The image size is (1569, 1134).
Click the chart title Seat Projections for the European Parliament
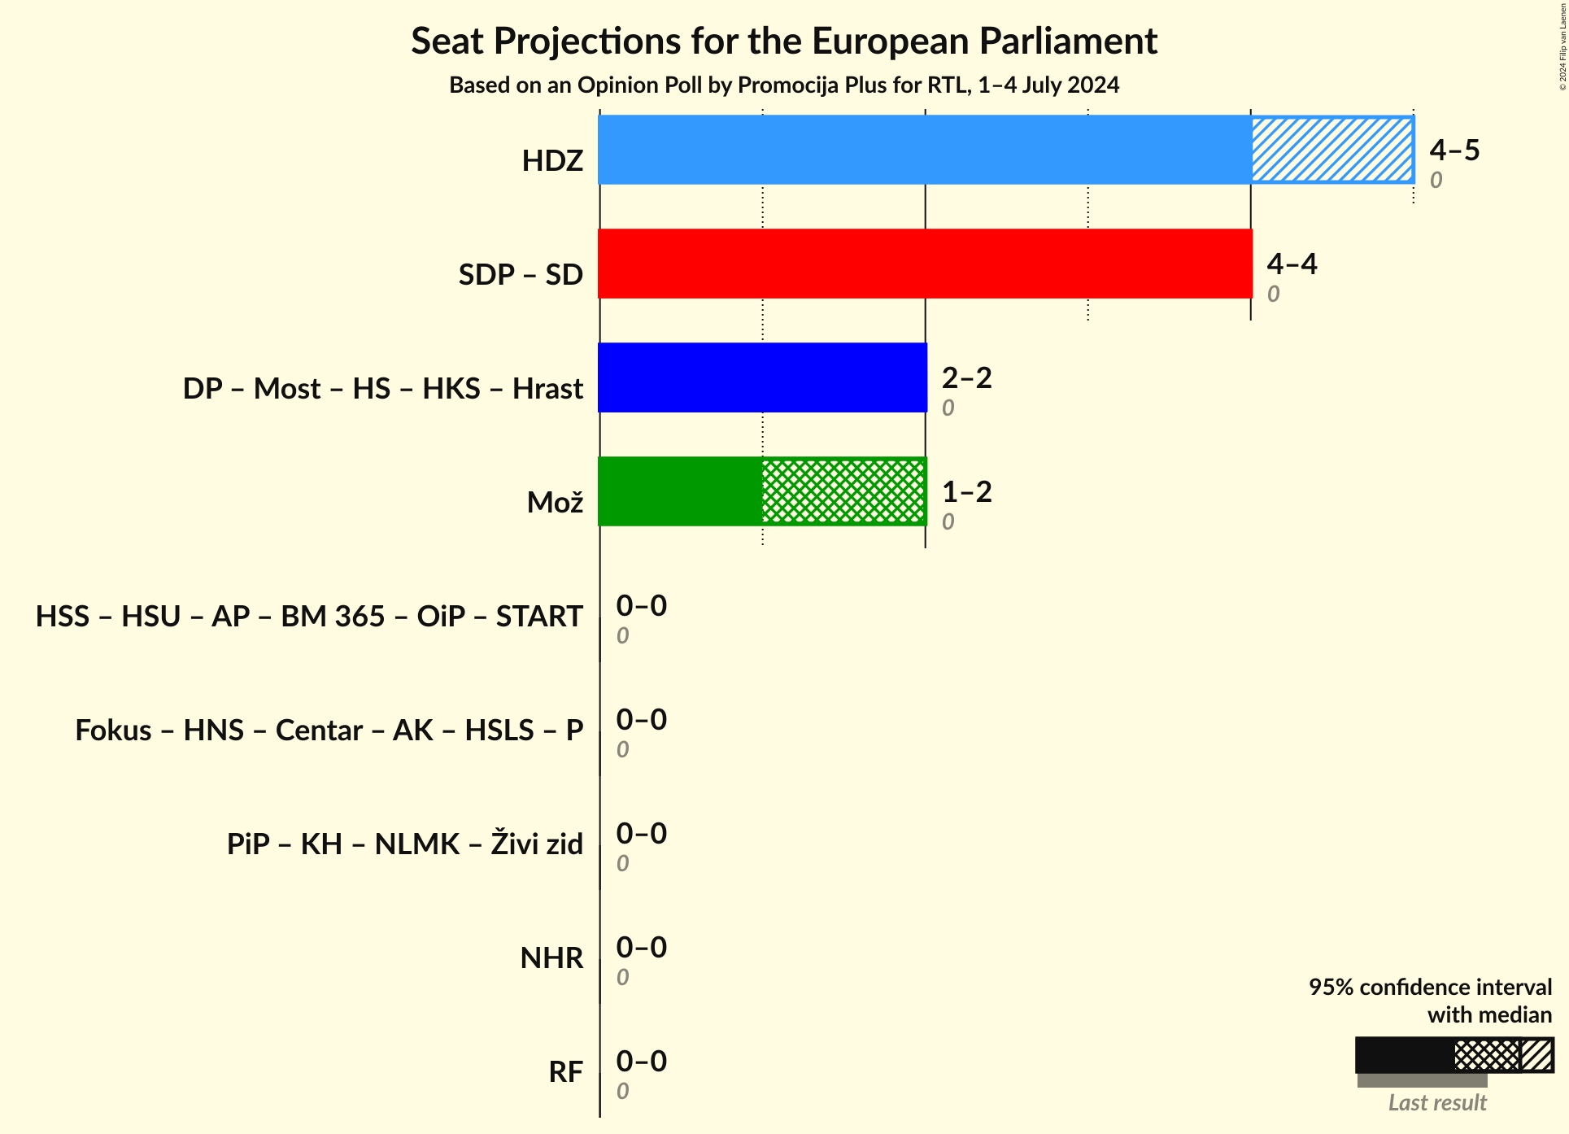point(783,41)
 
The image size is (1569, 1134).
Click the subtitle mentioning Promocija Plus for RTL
point(783,85)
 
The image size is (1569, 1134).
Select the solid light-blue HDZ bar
point(924,150)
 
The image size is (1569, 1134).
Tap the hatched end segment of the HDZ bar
point(1331,150)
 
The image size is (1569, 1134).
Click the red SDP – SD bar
point(924,264)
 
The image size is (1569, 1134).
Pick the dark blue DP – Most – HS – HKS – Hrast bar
point(762,377)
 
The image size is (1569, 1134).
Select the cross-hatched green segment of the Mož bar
point(843,491)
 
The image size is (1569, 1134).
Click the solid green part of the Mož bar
point(680,491)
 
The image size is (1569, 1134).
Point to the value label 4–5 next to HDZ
point(1454,150)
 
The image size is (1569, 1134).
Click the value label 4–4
point(1292,264)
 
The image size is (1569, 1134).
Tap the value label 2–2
point(966,377)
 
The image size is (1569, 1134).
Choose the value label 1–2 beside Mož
point(966,491)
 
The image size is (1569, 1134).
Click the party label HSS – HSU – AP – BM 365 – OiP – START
point(309,617)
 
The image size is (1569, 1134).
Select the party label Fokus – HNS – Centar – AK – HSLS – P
point(329,731)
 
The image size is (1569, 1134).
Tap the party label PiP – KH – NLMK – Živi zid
point(404,844)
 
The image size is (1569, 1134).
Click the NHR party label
point(551,958)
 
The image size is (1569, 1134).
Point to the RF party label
point(565,1072)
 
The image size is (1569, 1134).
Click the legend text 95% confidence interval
point(1429,987)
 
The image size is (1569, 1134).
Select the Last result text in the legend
point(1436,1103)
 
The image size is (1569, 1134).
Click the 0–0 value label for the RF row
point(641,1061)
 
